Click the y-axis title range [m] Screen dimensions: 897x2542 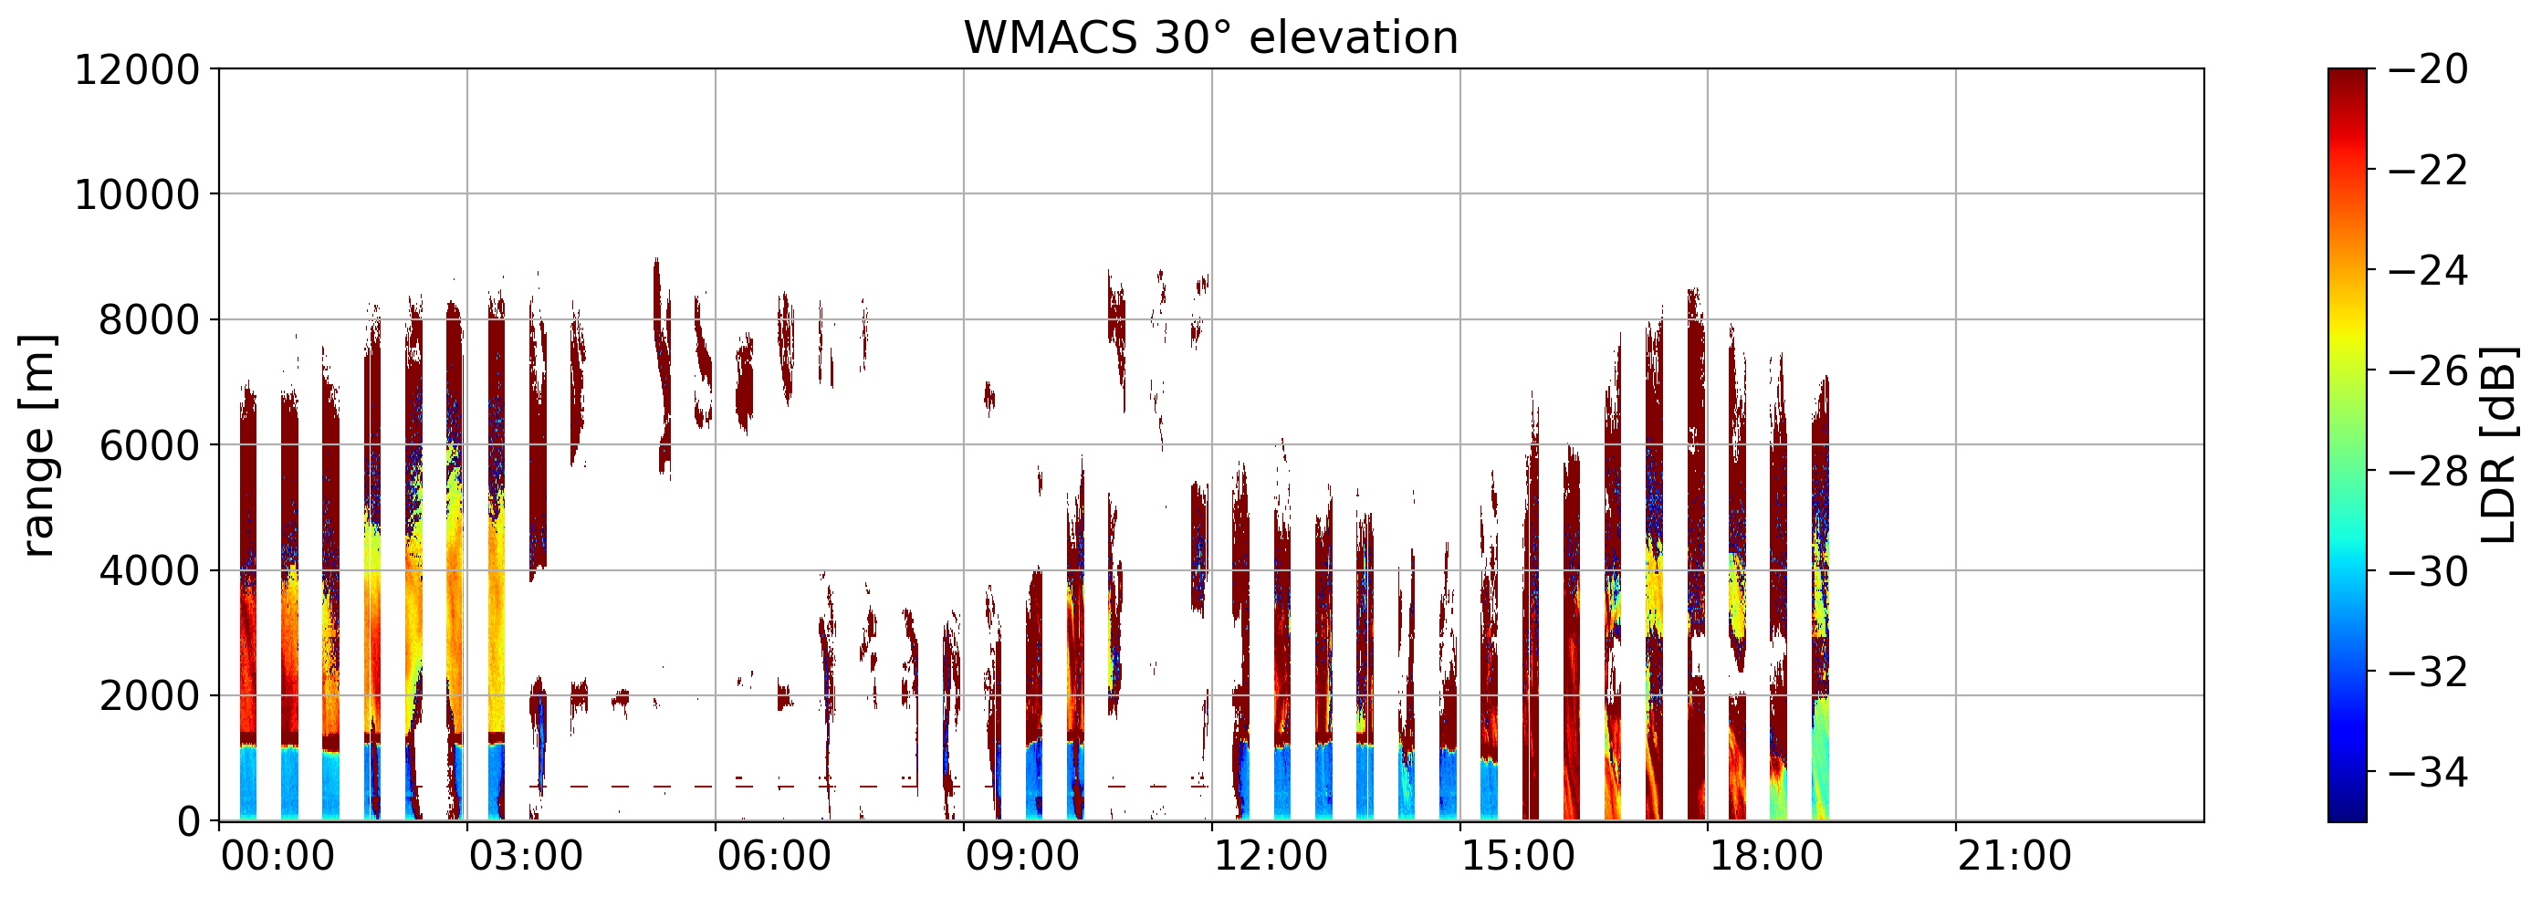(x=37, y=445)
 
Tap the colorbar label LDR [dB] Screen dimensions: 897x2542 (x=2497, y=445)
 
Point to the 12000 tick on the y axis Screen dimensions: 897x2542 (x=136, y=70)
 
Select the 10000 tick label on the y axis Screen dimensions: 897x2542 (x=136, y=194)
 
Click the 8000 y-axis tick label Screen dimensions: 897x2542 (x=148, y=319)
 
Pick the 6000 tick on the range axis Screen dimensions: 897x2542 (x=148, y=445)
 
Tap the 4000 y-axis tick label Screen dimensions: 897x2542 (x=148, y=570)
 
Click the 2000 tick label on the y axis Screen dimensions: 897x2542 (x=148, y=695)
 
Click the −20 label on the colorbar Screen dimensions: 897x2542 (x=2429, y=70)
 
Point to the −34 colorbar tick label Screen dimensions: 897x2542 (x=2429, y=772)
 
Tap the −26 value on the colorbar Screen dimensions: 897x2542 (x=2429, y=371)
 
